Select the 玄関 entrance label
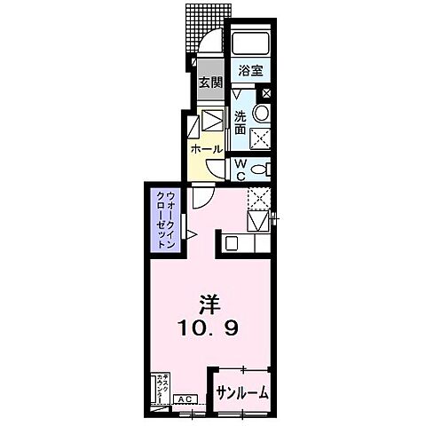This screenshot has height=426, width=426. pos(209,83)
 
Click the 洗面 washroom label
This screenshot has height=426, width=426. pos(241,122)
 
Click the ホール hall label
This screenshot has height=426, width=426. pos(207,149)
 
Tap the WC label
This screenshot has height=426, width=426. pos(241,170)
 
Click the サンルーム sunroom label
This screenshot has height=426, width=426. pos(241,391)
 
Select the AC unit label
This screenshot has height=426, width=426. pos(187,399)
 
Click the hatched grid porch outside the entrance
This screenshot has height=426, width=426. pos(206,27)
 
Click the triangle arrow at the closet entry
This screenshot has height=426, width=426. pos(189,234)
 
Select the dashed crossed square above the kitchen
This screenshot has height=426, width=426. pos(258,197)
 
